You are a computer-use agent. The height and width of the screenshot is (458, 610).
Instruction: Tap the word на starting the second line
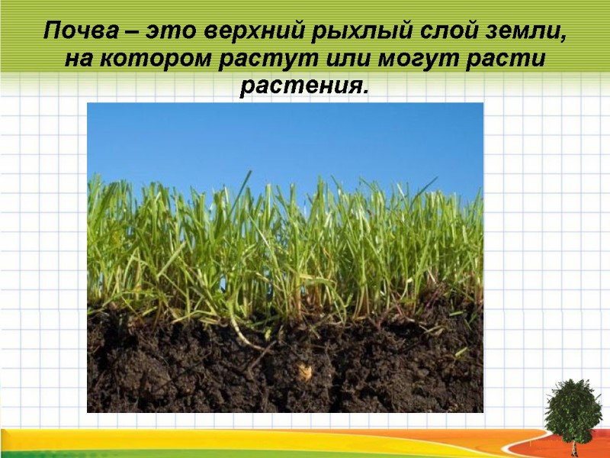pos(77,60)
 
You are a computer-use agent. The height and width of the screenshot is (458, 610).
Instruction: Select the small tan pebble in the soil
pos(305,372)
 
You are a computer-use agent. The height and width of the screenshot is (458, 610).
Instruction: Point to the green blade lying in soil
pos(460,352)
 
